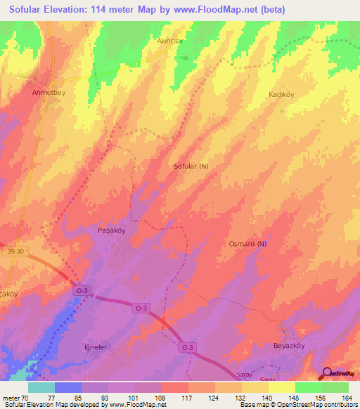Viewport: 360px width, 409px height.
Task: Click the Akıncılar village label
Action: [x=169, y=41]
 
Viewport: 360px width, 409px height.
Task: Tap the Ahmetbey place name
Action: [x=49, y=92]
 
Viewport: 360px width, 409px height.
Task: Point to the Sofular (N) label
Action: [x=191, y=167]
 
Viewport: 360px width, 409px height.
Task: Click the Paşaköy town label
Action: [x=110, y=230]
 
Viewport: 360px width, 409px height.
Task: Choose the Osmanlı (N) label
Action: [x=249, y=243]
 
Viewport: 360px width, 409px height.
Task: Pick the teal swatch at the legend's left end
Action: [x=41, y=387]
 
